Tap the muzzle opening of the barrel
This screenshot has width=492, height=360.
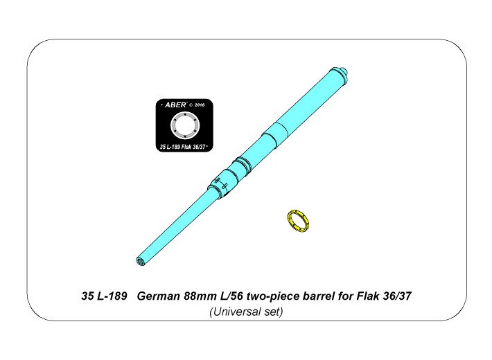(141, 261)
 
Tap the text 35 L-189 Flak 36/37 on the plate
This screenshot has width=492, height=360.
(182, 147)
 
